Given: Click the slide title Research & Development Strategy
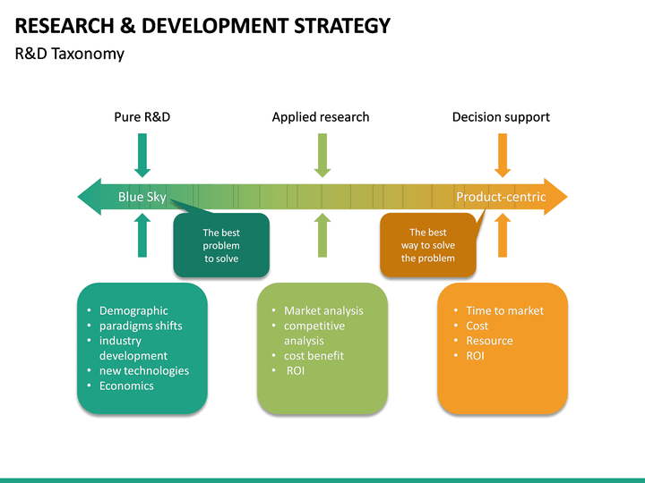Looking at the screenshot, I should (203, 25).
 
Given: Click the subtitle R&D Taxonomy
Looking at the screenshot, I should (70, 54).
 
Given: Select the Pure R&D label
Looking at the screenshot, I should (142, 117).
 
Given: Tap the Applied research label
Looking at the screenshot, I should (321, 117).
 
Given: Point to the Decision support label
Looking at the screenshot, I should (501, 117).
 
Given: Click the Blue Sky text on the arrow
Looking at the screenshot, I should (142, 197).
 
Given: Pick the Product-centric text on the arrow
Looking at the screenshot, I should (501, 197).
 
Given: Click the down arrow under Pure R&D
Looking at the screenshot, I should (142, 155).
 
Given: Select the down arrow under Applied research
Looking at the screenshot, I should (322, 155).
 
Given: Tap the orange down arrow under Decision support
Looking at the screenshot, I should (503, 155).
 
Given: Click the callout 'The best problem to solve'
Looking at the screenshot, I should (221, 245).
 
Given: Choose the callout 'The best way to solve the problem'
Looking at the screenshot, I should (428, 245).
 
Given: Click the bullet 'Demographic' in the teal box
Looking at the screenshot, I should (133, 310).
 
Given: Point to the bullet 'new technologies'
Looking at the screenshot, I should (144, 370).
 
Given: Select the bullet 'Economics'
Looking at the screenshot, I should (126, 386).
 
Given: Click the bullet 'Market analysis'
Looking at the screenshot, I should (323, 310).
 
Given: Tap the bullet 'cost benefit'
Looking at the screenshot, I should (314, 355).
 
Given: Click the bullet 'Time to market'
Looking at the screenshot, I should (504, 310).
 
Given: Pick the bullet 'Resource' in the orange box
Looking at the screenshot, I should (489, 341).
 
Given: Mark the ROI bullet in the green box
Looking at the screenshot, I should (296, 370).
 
